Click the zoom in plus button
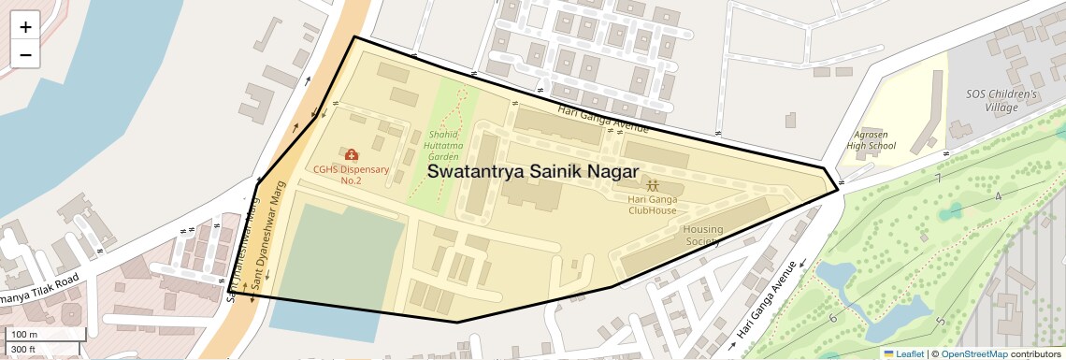(x=25, y=27)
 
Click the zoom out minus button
(x=25, y=54)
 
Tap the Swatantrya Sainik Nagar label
(x=532, y=172)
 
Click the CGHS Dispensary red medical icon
(x=351, y=154)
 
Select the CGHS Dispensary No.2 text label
(x=351, y=175)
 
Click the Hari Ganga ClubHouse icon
(x=652, y=184)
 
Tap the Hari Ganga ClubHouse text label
(x=652, y=205)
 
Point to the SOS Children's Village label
(x=1001, y=101)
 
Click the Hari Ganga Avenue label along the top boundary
(x=602, y=118)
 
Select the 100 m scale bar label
(x=25, y=334)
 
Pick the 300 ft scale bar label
(x=23, y=350)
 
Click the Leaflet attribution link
(x=903, y=353)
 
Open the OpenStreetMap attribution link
(x=973, y=353)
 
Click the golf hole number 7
(x=937, y=178)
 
